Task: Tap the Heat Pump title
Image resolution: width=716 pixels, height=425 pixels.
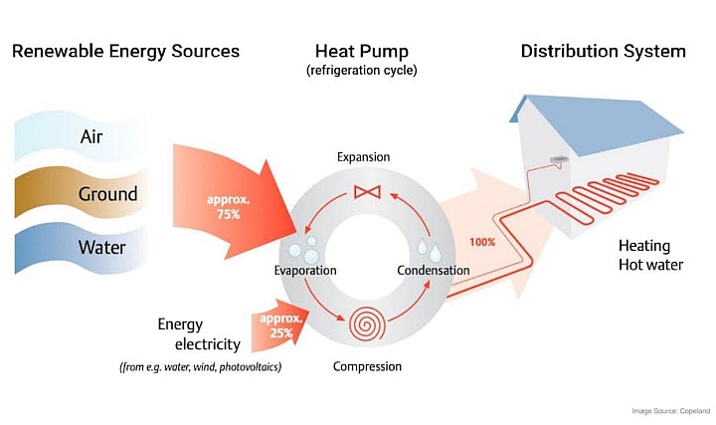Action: [x=363, y=51]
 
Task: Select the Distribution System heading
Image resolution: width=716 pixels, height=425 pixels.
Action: [x=603, y=51]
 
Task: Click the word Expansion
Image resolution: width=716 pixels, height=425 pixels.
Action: [x=363, y=157]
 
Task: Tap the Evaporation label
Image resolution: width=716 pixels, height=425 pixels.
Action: [x=305, y=271]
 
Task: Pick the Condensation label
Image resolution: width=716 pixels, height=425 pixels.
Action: [x=433, y=271]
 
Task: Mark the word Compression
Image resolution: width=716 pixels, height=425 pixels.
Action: [x=367, y=366]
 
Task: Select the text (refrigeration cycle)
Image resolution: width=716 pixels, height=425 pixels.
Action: [x=363, y=72]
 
